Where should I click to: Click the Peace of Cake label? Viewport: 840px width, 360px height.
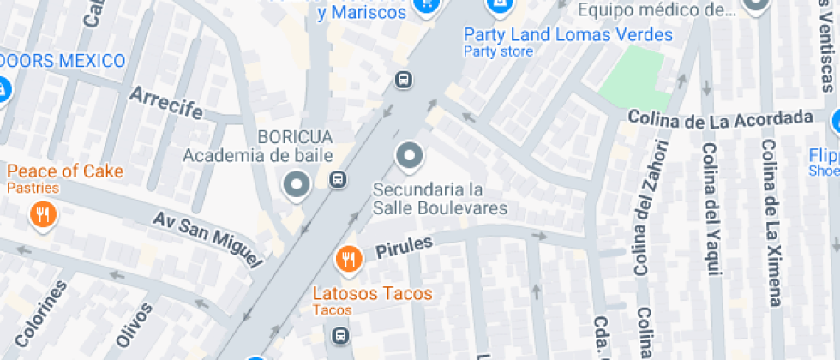coord(65,171)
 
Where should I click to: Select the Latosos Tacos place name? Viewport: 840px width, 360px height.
coord(372,294)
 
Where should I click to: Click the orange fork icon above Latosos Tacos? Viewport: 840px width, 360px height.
coord(347,258)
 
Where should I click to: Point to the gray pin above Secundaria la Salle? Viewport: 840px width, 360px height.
coord(410,156)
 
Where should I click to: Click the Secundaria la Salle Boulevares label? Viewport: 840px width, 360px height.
coord(440,198)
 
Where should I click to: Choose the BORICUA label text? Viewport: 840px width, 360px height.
coord(294,137)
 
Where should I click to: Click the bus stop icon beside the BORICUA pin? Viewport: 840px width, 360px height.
coord(339,179)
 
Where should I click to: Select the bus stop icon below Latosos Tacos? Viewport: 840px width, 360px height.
coord(341,334)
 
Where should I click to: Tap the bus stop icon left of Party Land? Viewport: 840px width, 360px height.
coord(403,80)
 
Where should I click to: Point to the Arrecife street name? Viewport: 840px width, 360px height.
coord(166,104)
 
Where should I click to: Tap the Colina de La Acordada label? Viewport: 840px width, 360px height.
coord(719,117)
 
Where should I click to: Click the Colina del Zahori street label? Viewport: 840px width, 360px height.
coord(648,207)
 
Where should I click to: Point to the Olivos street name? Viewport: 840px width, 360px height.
coord(135,326)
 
